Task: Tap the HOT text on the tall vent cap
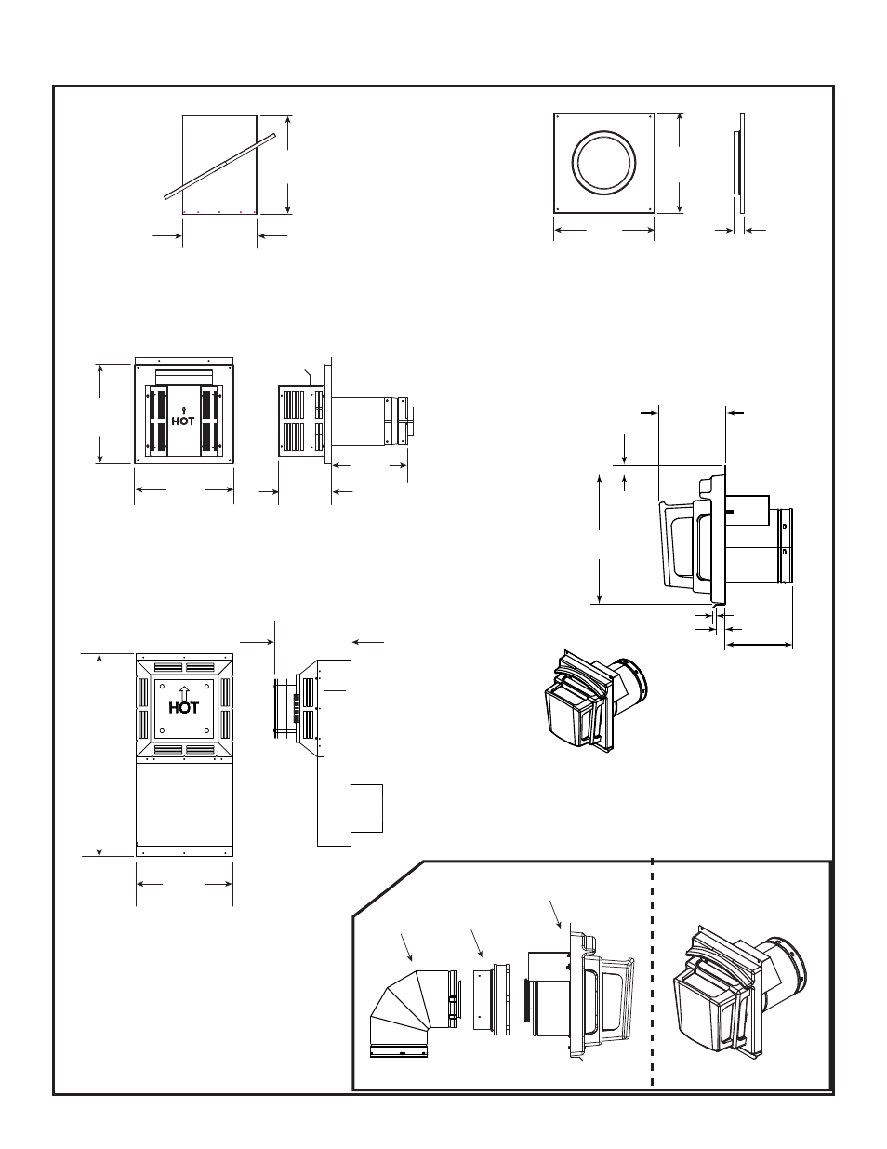click(x=184, y=707)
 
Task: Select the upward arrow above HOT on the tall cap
click(x=184, y=691)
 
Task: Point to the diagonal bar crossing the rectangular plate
click(x=220, y=165)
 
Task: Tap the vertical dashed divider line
click(x=653, y=972)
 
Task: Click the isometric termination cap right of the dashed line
click(x=739, y=991)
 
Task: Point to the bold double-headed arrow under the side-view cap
click(x=758, y=644)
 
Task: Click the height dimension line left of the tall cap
click(x=99, y=754)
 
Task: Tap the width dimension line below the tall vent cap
click(x=184, y=880)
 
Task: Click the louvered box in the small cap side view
click(x=299, y=421)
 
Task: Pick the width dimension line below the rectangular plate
click(x=219, y=236)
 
